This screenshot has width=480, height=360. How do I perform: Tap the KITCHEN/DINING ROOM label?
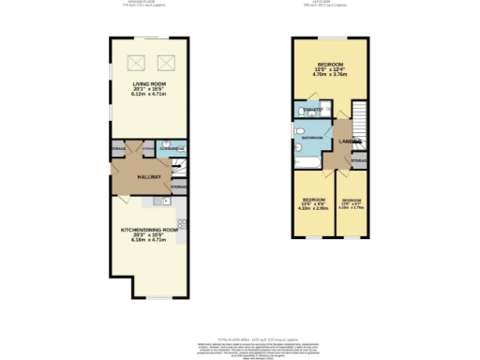click(148, 230)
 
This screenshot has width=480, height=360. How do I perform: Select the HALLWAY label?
click(150, 176)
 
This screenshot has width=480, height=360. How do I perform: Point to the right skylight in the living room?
click(169, 64)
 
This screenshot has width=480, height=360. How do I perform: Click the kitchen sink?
click(155, 200)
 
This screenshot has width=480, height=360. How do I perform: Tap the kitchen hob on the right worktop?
click(182, 225)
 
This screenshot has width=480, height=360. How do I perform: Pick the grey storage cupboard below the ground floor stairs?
click(178, 187)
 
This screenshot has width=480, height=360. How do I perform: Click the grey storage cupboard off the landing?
click(357, 161)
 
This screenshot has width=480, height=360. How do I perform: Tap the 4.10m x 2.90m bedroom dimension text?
click(314, 208)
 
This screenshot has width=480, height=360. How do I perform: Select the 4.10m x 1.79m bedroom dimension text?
click(352, 208)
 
